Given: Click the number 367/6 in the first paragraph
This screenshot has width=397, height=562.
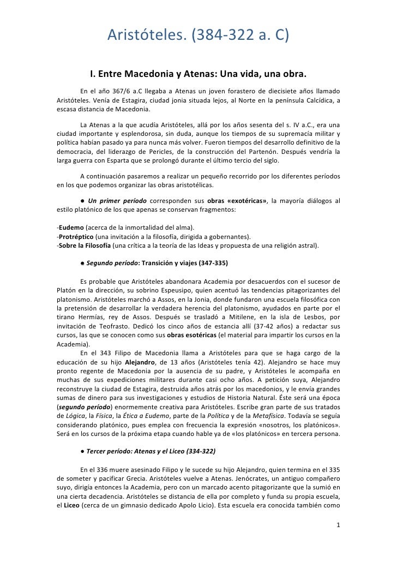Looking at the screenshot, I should point(123,91).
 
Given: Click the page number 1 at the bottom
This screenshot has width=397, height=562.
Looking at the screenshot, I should point(338,528).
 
